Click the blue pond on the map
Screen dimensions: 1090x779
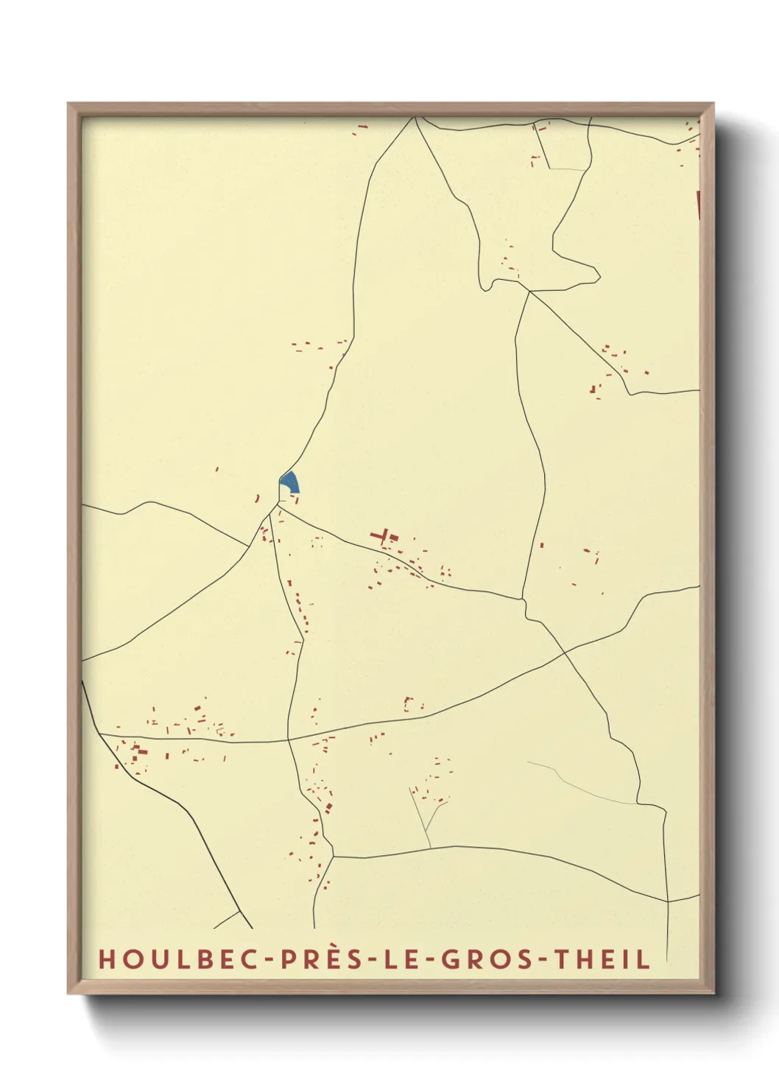click(x=289, y=482)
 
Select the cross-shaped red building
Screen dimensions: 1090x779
click(x=381, y=535)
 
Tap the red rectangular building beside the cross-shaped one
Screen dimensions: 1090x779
click(x=394, y=538)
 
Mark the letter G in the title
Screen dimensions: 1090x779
click(x=448, y=960)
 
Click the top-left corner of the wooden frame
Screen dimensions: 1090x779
click(x=68, y=104)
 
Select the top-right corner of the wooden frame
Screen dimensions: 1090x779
click(x=713, y=104)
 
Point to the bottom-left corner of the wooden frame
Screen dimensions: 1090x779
click(x=68, y=993)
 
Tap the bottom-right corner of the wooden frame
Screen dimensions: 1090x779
click(x=713, y=993)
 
